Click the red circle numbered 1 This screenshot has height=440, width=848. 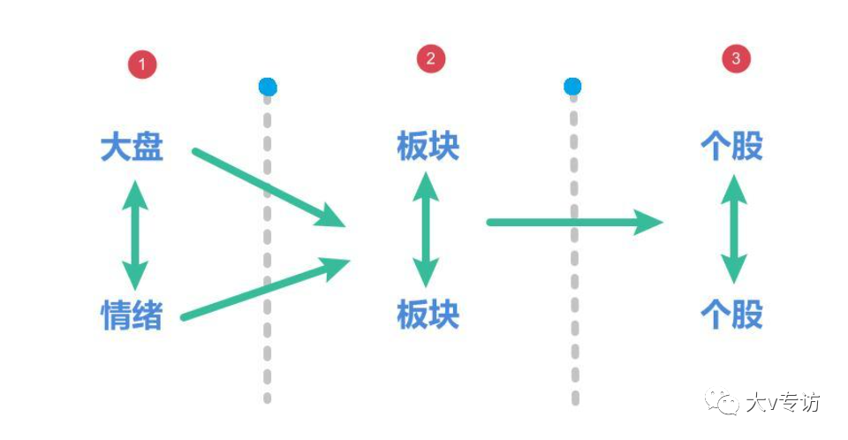tap(141, 64)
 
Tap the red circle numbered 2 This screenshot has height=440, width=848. tap(430, 59)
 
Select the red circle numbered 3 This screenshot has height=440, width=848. tap(737, 59)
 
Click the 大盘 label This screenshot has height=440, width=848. tap(132, 147)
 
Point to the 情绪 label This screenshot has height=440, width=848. tap(132, 315)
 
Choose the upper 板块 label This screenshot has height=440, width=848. tap(428, 147)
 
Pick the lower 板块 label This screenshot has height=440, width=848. tap(428, 315)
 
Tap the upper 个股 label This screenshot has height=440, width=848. tap(731, 147)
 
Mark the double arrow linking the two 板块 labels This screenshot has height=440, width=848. tap(428, 230)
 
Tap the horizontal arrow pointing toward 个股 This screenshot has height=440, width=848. tap(574, 222)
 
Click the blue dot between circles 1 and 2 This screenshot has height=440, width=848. tap(268, 87)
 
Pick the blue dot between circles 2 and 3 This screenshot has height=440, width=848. tap(572, 87)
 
